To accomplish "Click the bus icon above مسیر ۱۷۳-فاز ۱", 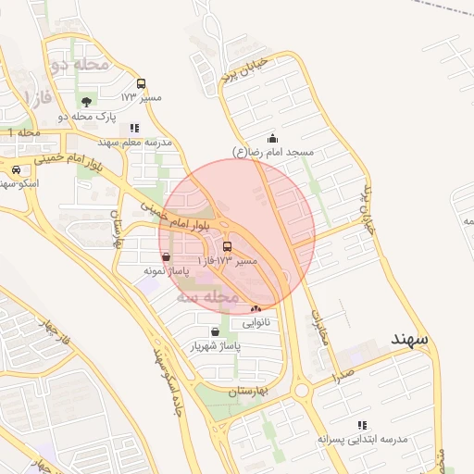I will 228,246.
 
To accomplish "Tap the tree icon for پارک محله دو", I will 86,102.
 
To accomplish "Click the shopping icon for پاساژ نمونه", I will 166,256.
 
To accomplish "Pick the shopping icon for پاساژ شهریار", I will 215,331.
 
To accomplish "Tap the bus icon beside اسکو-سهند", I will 17,169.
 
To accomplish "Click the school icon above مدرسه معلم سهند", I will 134,128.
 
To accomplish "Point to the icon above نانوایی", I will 256,308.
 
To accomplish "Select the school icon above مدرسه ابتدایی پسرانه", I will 361,425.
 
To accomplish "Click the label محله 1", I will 24,134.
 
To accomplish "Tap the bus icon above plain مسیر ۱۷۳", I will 141,83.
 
